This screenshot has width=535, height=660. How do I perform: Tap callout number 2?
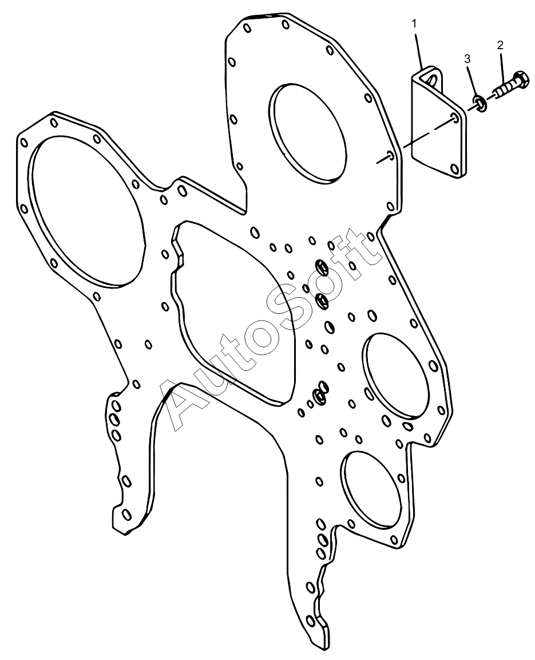point(500,45)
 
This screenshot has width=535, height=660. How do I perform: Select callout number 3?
point(467,59)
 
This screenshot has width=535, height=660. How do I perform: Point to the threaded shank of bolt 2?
point(502,90)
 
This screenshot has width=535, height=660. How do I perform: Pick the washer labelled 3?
point(479,103)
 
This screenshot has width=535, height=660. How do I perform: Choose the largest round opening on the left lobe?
point(86,212)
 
